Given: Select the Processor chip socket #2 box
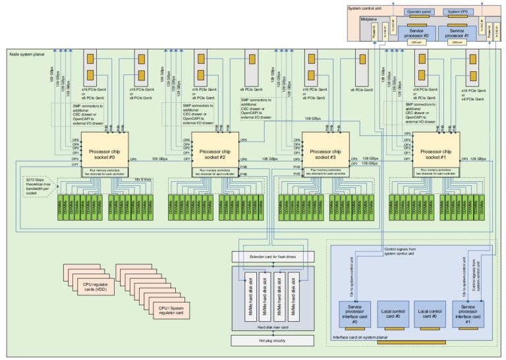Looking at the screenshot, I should coord(214,153).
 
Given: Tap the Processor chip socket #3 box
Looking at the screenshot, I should coord(325,153).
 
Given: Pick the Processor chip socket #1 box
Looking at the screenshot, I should coord(436,153).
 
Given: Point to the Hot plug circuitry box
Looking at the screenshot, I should coord(272,340).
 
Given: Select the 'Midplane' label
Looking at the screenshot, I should coord(369,20).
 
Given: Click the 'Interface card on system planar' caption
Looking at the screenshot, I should coord(362,337).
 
